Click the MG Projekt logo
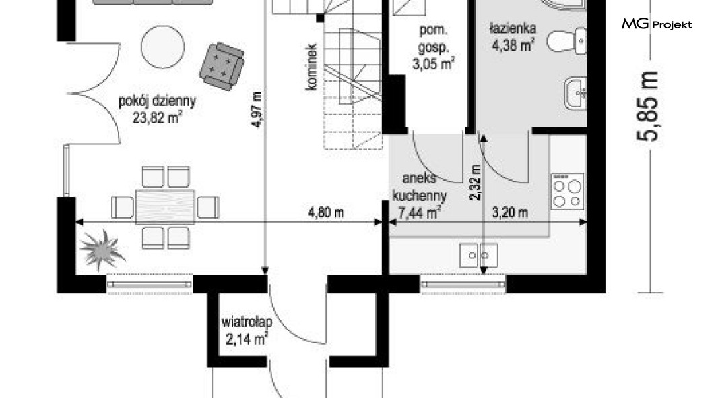pyautogui.click(x=657, y=24)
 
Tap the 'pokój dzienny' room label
pyautogui.click(x=157, y=101)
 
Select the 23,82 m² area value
pyautogui.click(x=157, y=118)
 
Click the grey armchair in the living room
pyautogui.click(x=222, y=67)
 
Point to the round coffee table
pyautogui.click(x=162, y=47)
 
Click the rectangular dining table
pyautogui.click(x=165, y=207)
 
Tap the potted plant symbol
pyautogui.click(x=102, y=250)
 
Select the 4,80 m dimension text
pyautogui.click(x=325, y=212)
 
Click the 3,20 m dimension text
pyautogui.click(x=510, y=212)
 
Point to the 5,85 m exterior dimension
pyautogui.click(x=647, y=106)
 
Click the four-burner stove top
pyautogui.click(x=567, y=192)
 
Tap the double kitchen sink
pyautogui.click(x=478, y=255)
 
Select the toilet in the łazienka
pyautogui.click(x=566, y=41)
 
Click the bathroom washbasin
pyautogui.click(x=575, y=94)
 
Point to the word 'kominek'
pyautogui.click(x=312, y=67)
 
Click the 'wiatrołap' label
pyautogui.click(x=247, y=322)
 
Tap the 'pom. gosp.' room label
pyautogui.click(x=434, y=38)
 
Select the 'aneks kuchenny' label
pyautogui.click(x=419, y=187)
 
